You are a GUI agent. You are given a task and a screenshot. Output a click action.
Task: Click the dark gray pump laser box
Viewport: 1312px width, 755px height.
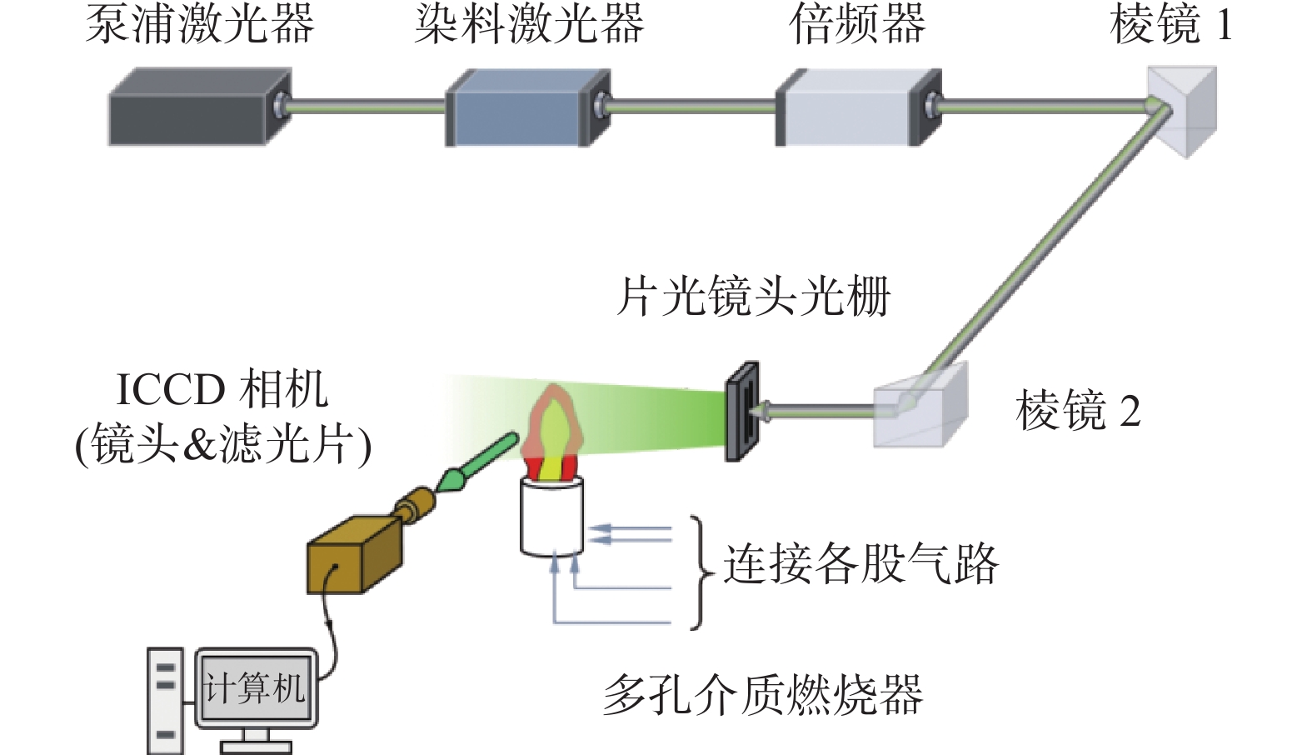200,107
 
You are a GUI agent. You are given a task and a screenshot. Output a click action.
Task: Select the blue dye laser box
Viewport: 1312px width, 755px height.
528,107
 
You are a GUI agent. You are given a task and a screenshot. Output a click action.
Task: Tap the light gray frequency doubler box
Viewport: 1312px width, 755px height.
859,107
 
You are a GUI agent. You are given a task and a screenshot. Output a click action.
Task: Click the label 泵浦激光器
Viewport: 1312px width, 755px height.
200,26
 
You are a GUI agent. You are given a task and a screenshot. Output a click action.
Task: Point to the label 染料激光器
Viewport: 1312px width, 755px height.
530,26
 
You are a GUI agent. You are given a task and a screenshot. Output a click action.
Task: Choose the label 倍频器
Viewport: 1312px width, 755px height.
857,26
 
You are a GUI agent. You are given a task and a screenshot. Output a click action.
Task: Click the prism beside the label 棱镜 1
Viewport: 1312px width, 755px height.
1182,112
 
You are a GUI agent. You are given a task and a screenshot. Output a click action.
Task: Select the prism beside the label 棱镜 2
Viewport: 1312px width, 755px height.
920,405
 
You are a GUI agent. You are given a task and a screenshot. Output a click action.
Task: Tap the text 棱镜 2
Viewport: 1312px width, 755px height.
1078,411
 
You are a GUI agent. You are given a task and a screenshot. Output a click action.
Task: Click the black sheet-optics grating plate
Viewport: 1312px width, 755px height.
742,411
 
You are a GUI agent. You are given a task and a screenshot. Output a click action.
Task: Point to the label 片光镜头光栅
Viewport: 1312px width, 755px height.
754,297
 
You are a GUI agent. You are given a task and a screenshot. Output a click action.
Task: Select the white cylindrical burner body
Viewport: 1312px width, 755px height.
551,516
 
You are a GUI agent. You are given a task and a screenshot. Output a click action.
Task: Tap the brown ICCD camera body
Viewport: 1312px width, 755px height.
354,554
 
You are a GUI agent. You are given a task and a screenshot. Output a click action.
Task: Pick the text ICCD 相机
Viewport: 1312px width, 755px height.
222,389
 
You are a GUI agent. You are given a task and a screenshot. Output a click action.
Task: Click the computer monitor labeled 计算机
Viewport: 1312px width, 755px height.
256,689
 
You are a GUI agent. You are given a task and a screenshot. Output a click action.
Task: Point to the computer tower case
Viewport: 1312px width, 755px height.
165,701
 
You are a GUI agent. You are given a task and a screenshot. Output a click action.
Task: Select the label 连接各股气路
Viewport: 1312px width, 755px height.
861,565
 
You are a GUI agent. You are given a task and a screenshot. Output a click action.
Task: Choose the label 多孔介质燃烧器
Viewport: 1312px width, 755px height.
762,696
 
